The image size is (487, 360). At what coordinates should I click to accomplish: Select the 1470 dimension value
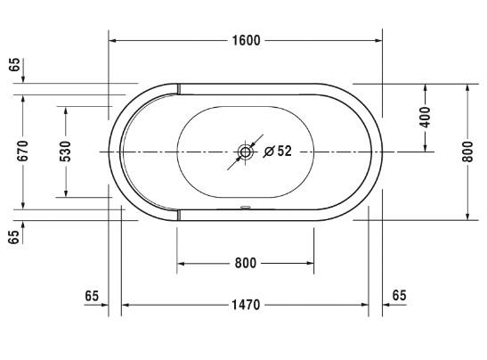(245, 306)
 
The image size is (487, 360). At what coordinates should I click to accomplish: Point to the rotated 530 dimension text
(65, 152)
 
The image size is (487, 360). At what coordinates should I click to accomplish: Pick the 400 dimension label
(425, 118)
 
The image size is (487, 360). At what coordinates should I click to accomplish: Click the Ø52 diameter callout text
(279, 151)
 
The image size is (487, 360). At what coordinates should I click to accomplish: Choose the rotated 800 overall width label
(467, 152)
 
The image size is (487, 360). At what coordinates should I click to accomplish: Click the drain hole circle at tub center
(245, 152)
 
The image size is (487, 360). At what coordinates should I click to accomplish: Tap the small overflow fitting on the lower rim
(245, 211)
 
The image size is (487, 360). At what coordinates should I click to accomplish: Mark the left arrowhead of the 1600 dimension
(114, 40)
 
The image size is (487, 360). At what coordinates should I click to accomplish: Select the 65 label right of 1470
(399, 295)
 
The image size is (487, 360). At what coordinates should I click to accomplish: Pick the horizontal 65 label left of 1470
(92, 295)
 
